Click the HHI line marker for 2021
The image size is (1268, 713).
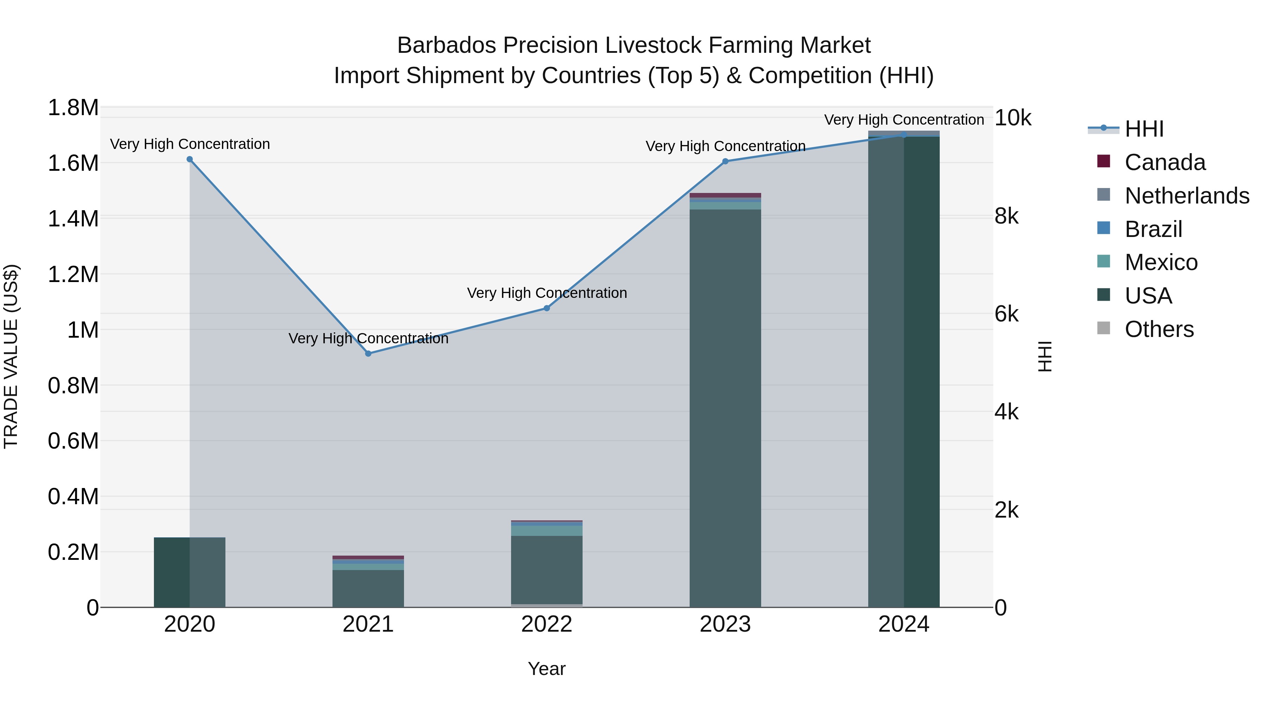[368, 353]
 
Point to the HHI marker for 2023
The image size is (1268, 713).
[725, 161]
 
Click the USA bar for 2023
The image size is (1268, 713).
[725, 408]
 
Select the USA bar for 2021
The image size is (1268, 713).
[368, 588]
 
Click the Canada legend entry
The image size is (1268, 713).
[1165, 162]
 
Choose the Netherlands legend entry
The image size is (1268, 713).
[1186, 196]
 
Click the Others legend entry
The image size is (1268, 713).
[1159, 329]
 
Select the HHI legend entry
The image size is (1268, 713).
[1144, 129]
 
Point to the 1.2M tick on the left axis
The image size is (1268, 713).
[73, 274]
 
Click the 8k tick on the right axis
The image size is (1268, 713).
[1007, 216]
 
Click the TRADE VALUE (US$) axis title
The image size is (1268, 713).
[11, 356]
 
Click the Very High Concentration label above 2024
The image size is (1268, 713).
[904, 120]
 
